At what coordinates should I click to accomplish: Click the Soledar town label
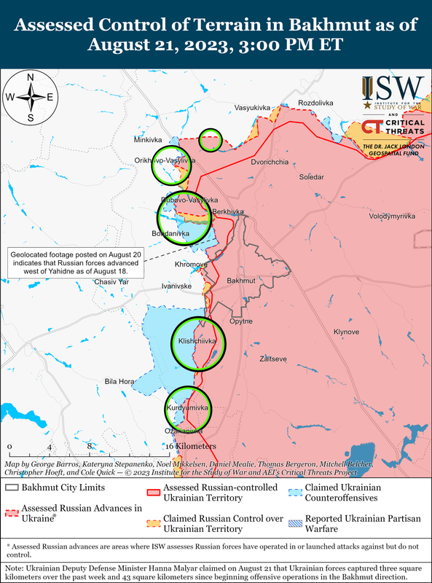coord(313,177)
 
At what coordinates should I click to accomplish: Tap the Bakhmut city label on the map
coord(240,281)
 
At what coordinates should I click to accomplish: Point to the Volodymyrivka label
coord(392,216)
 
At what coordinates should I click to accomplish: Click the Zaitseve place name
coord(273,359)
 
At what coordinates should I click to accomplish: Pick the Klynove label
coord(346,332)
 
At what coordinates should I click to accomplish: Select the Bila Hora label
coord(119,381)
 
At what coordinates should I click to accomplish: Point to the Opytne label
coord(241,321)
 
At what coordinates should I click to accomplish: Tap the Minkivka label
coord(149,138)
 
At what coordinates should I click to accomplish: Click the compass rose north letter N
coord(30,78)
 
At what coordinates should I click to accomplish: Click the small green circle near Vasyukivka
coord(211,140)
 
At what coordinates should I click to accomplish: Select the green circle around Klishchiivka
coord(198,342)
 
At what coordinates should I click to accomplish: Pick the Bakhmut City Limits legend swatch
coord(12,488)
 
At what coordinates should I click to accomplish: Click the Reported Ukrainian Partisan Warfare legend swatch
coord(295,523)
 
